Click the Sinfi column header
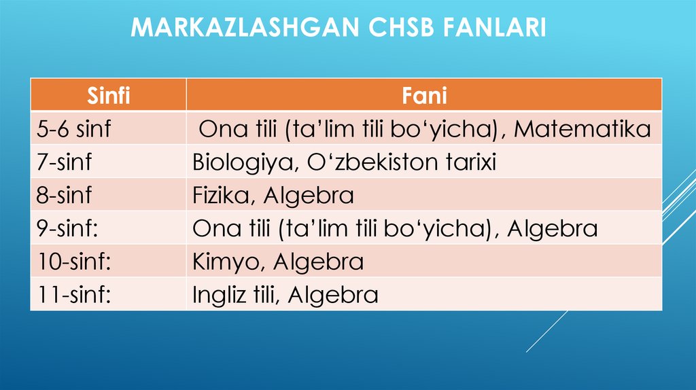108,96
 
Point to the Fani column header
424,96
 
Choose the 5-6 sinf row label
74,129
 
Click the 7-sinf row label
64,162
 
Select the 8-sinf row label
64,196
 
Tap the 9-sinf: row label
68,228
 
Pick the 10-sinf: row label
73,262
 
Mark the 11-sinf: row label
73,295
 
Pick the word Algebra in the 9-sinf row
552,228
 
